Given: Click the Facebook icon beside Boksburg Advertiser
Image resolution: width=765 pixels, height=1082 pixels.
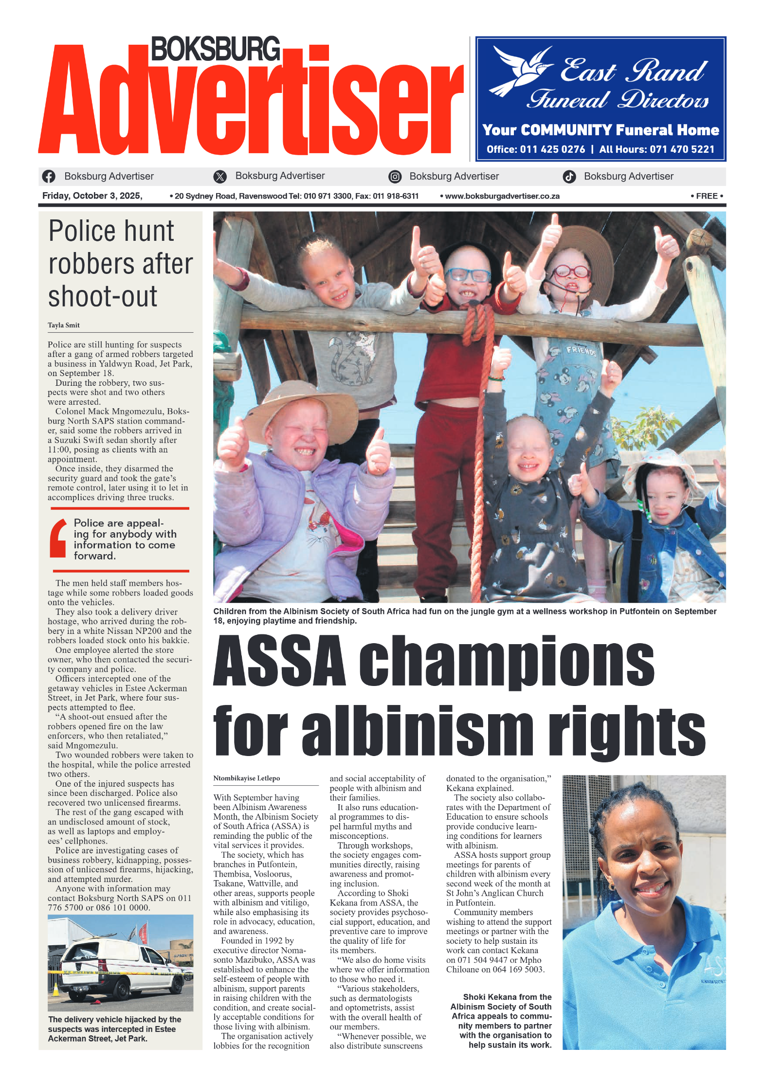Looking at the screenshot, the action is pyautogui.click(x=49, y=176).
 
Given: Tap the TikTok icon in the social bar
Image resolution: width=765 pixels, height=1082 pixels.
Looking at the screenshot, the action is pyautogui.click(x=569, y=177).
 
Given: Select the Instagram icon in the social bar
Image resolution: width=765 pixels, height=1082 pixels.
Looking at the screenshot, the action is pyautogui.click(x=395, y=177).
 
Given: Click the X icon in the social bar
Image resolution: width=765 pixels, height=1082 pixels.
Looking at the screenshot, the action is pyautogui.click(x=220, y=177).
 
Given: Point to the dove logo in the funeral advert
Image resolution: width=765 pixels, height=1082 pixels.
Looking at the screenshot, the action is pyautogui.click(x=521, y=71).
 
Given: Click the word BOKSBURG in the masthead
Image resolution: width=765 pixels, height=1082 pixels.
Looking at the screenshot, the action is pyautogui.click(x=216, y=49).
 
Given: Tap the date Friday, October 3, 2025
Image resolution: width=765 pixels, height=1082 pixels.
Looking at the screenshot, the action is pyautogui.click(x=92, y=196).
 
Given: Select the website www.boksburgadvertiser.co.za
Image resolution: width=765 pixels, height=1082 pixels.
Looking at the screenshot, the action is pyautogui.click(x=502, y=197).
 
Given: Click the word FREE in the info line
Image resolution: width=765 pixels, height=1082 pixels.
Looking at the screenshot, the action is pyautogui.click(x=707, y=196).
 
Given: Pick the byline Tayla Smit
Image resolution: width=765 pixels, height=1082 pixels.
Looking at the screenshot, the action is pyautogui.click(x=64, y=325).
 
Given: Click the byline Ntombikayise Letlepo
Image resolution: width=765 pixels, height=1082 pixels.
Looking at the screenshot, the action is pyautogui.click(x=246, y=778).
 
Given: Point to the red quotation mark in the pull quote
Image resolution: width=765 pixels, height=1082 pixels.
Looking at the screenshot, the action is pyautogui.click(x=58, y=538).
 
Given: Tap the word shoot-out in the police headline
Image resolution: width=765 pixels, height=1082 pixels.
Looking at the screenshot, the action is pyautogui.click(x=103, y=296).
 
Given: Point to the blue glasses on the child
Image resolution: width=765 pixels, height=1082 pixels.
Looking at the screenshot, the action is pyautogui.click(x=467, y=275).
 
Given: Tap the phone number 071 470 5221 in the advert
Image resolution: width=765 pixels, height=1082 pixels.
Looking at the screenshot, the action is pyautogui.click(x=682, y=149).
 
